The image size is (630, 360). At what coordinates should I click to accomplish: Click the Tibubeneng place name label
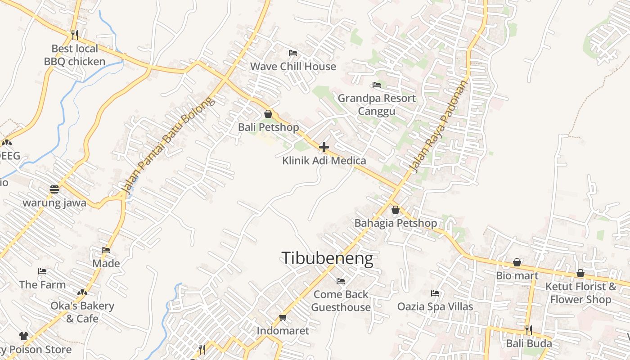tap(327, 259)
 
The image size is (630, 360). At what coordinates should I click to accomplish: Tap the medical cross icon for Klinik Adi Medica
tap(324, 147)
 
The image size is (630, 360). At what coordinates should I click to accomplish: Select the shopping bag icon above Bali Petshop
tap(268, 114)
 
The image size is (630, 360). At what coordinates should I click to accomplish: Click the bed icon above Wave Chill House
tap(292, 53)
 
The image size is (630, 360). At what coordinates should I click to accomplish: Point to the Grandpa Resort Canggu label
tap(377, 104)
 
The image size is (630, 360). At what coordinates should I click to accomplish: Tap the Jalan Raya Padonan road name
tap(438, 126)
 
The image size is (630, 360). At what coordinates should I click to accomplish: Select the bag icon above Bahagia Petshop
tap(395, 210)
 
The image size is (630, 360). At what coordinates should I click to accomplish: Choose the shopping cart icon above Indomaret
tap(283, 318)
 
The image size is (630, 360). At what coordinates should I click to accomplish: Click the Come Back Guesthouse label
tap(341, 301)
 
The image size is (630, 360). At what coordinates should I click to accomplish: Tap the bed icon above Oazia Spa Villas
tap(435, 293)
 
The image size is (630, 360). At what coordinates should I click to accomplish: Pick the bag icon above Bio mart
tap(517, 262)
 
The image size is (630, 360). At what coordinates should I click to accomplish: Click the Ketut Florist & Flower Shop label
tap(580, 292)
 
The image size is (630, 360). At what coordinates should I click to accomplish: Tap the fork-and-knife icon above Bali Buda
tap(528, 330)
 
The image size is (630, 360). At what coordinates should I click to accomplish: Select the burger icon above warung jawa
tap(54, 189)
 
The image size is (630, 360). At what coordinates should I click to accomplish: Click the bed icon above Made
tap(106, 250)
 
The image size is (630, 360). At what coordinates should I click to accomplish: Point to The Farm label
tap(42, 284)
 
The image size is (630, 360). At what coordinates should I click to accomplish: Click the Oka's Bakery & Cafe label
tap(82, 312)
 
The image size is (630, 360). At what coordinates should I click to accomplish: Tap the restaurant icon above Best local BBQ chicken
tap(75, 35)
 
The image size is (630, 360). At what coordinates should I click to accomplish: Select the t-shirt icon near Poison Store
tap(24, 336)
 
